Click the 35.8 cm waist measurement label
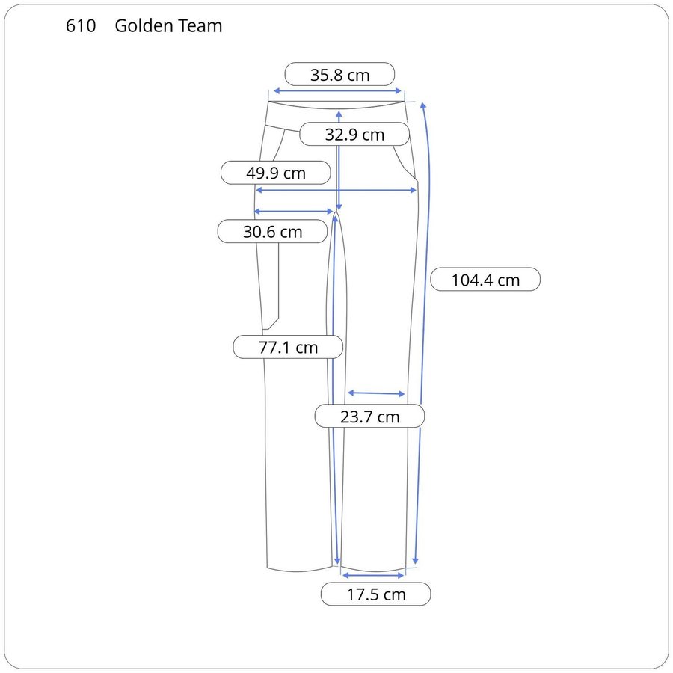click(x=339, y=75)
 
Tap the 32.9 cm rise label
click(x=354, y=135)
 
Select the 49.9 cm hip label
click(x=275, y=173)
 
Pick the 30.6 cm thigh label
click(x=272, y=232)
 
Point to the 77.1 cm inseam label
click(x=288, y=347)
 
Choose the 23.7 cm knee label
click(x=369, y=417)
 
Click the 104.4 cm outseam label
click(x=485, y=280)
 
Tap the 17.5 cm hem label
click(x=376, y=594)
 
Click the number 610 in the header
click(x=81, y=25)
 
